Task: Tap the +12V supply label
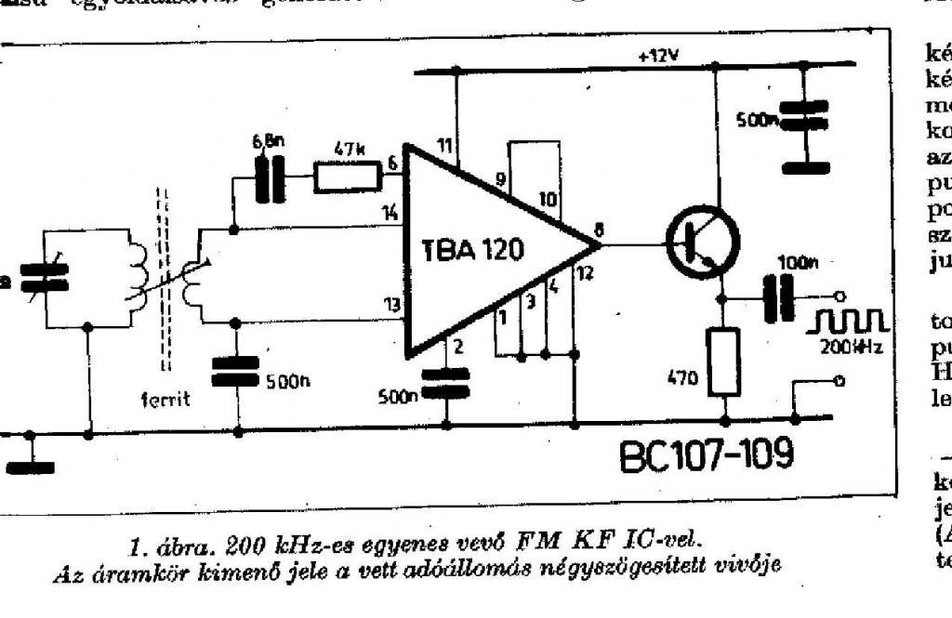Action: (659, 55)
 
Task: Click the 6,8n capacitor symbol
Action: (269, 177)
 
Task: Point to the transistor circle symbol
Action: (703, 243)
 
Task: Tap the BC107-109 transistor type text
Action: (707, 455)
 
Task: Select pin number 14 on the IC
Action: (390, 212)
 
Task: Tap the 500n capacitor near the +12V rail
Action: (803, 119)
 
